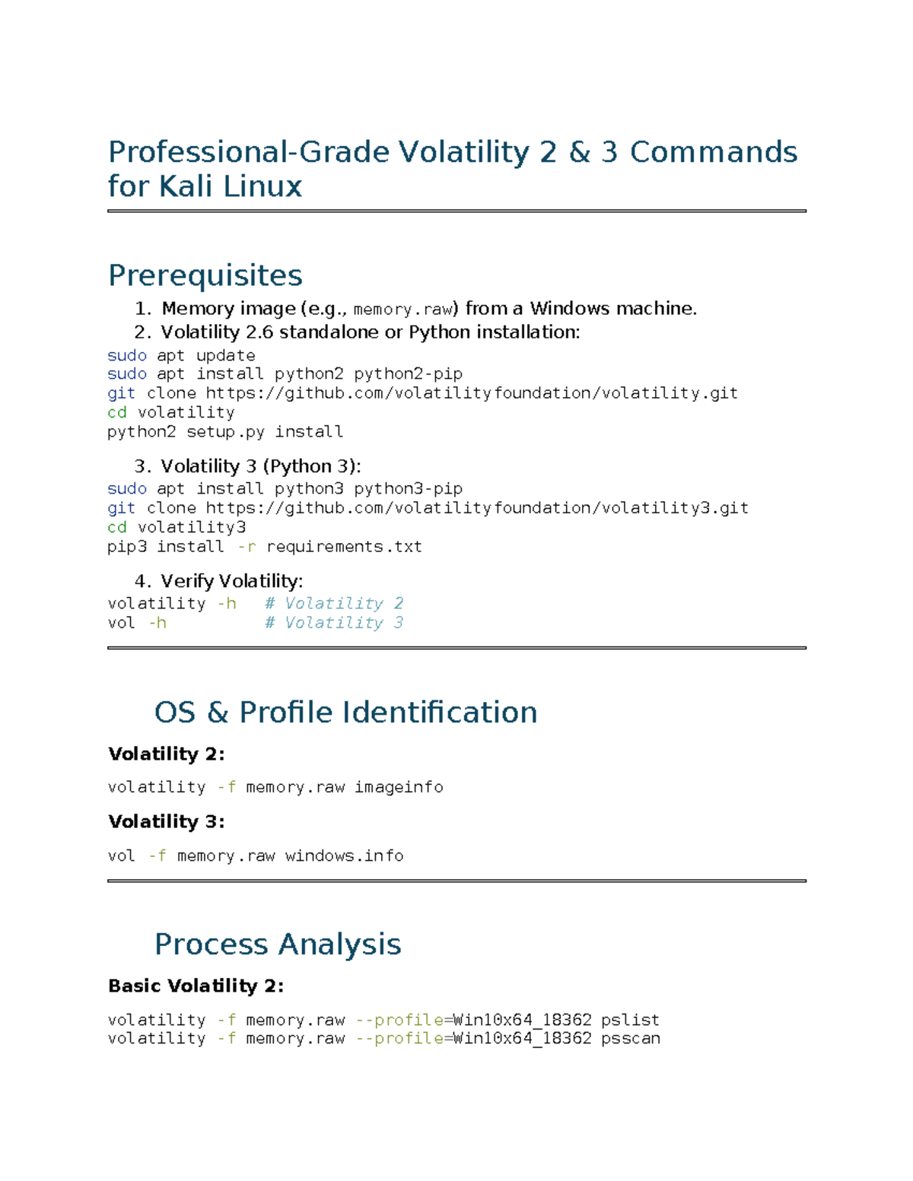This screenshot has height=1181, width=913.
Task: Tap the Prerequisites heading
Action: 205,275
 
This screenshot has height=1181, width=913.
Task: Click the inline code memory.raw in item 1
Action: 403,310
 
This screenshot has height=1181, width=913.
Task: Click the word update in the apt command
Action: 226,355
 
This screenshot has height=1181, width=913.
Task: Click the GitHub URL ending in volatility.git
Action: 472,393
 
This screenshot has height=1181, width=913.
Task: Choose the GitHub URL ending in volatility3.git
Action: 477,508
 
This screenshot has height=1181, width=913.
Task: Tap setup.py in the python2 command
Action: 226,432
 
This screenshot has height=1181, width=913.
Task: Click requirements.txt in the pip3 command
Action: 344,547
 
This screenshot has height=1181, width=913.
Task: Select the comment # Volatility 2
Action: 334,603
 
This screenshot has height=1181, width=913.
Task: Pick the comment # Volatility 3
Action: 334,623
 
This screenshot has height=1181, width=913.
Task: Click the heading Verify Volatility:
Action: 231,582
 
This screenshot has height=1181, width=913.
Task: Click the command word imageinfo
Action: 399,788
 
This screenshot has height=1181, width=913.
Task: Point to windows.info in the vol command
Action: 344,856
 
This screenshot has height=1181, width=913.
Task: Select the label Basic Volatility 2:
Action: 196,986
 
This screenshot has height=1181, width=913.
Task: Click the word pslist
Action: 630,1020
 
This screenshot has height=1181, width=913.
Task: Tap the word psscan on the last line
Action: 630,1039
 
